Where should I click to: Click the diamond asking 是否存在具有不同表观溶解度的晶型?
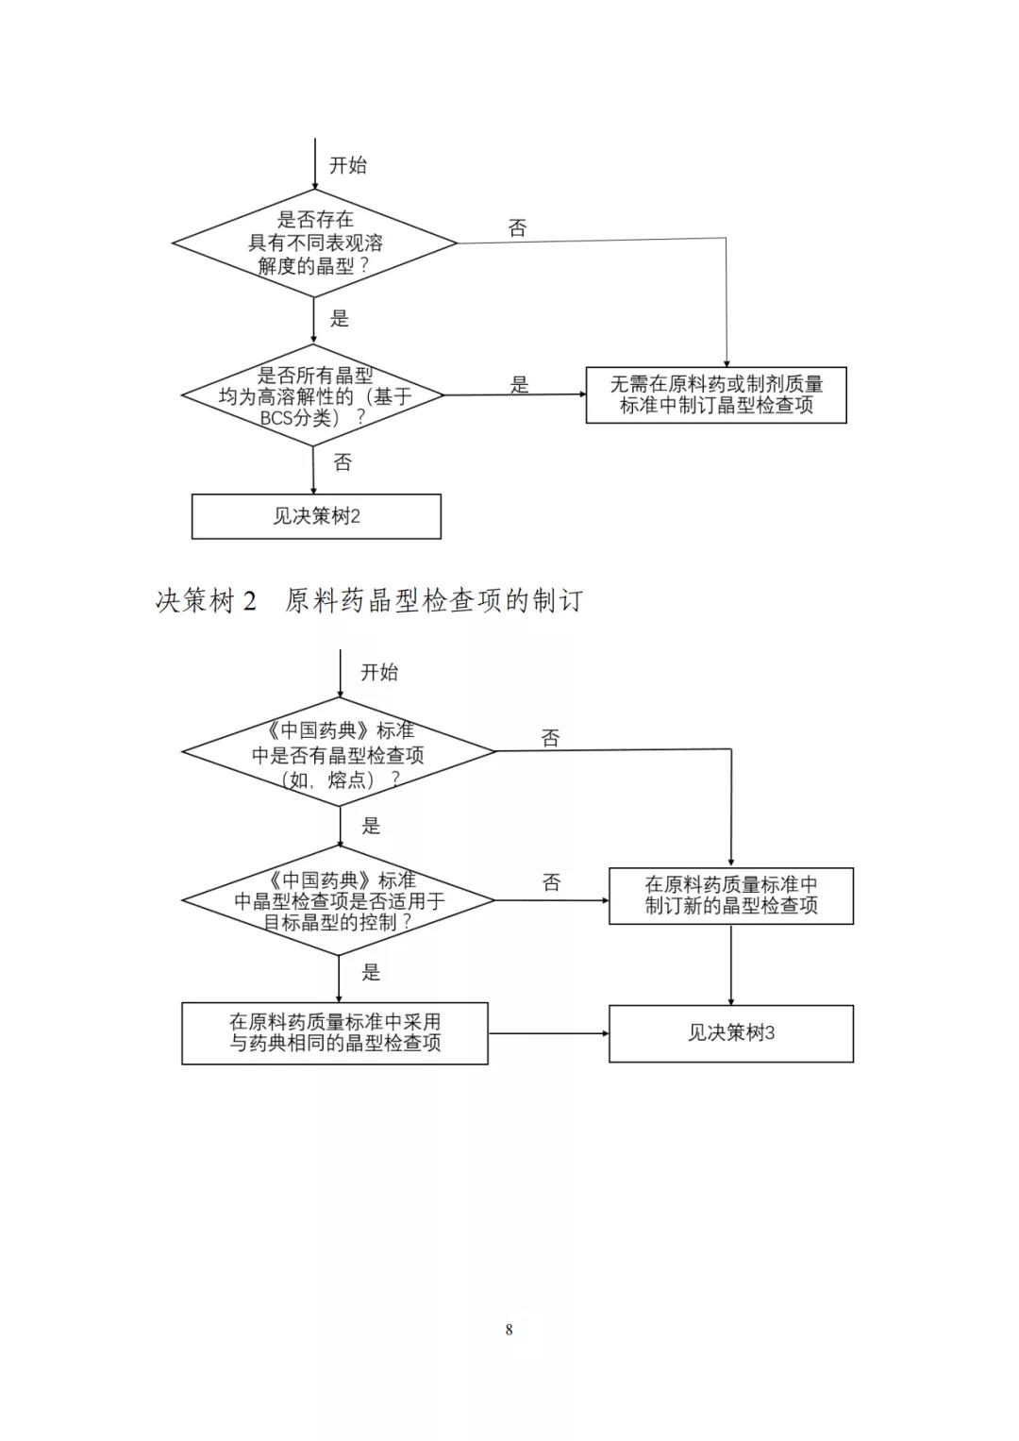coord(314,243)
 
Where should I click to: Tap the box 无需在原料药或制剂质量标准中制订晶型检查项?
coord(716,394)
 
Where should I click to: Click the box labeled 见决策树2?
coord(316,516)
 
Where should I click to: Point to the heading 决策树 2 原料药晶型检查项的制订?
coord(369,600)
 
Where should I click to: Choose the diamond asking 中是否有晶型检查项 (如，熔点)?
coord(339,753)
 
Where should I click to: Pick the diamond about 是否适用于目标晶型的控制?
coord(339,900)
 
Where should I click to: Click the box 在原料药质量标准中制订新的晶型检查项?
coord(731,896)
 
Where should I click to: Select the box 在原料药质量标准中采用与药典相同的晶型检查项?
coord(335,1032)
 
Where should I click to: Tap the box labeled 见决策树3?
coord(731,1032)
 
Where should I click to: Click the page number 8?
coord(509,1330)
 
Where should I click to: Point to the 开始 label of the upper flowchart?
coord(348,165)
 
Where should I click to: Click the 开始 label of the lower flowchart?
coord(379,672)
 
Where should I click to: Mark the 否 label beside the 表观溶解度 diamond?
coord(518,227)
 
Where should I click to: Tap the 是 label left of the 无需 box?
coord(520,384)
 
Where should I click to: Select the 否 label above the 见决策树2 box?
coord(342,462)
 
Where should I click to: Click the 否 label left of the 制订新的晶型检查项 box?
coord(552,882)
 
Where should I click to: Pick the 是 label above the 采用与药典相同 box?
coord(371,972)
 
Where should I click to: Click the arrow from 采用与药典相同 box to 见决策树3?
coord(548,1033)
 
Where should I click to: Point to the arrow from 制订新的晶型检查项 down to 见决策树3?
coord(731,964)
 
